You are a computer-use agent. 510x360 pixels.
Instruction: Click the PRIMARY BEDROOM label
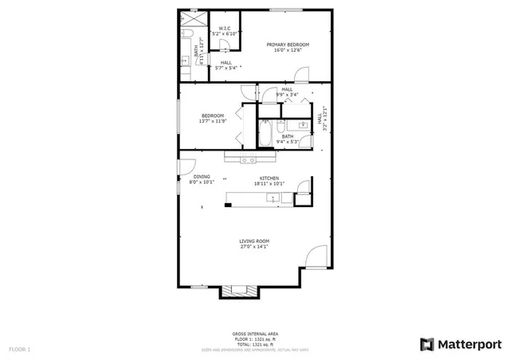(x=288, y=45)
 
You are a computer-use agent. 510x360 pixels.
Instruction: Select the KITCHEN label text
(x=269, y=178)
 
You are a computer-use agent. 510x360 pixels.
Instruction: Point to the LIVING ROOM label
(x=254, y=241)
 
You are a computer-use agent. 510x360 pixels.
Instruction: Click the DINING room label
(x=202, y=177)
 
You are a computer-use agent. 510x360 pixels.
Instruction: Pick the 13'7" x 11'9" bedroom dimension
(x=214, y=121)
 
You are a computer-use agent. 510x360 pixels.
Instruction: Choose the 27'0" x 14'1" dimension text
(x=254, y=247)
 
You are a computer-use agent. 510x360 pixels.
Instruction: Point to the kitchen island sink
(x=273, y=197)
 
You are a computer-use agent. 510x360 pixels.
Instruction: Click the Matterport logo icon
(x=427, y=344)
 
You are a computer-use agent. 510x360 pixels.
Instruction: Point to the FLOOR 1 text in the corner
(x=19, y=349)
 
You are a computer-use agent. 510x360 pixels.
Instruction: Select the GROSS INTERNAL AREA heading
(x=254, y=333)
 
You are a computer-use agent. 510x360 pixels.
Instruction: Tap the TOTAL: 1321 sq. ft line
(x=254, y=343)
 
